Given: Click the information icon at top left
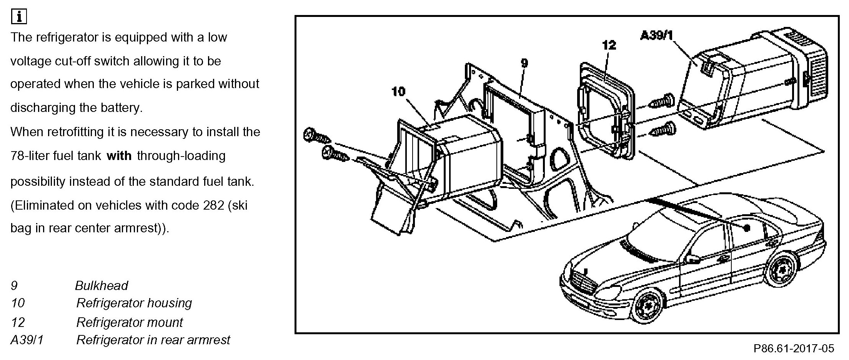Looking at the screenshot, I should coord(19,17).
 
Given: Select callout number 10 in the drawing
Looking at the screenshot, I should coord(399,92).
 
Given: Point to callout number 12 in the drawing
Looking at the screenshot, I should coord(609,45).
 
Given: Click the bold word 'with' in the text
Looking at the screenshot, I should coord(119,156).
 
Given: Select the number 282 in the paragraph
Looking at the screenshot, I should coord(213,205).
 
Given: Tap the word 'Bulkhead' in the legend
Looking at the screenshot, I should coord(102,285).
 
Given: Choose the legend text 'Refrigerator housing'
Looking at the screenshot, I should coord(134,303).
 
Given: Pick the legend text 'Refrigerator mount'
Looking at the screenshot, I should coord(130,322).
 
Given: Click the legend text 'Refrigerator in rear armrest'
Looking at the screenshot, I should coord(153,340).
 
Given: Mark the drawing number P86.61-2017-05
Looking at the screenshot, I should coord(794,348).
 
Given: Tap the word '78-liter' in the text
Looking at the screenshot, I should coord(32,156).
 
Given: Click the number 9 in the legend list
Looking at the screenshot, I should coord(14,285).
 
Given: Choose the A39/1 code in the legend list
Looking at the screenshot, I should coord(27,340).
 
